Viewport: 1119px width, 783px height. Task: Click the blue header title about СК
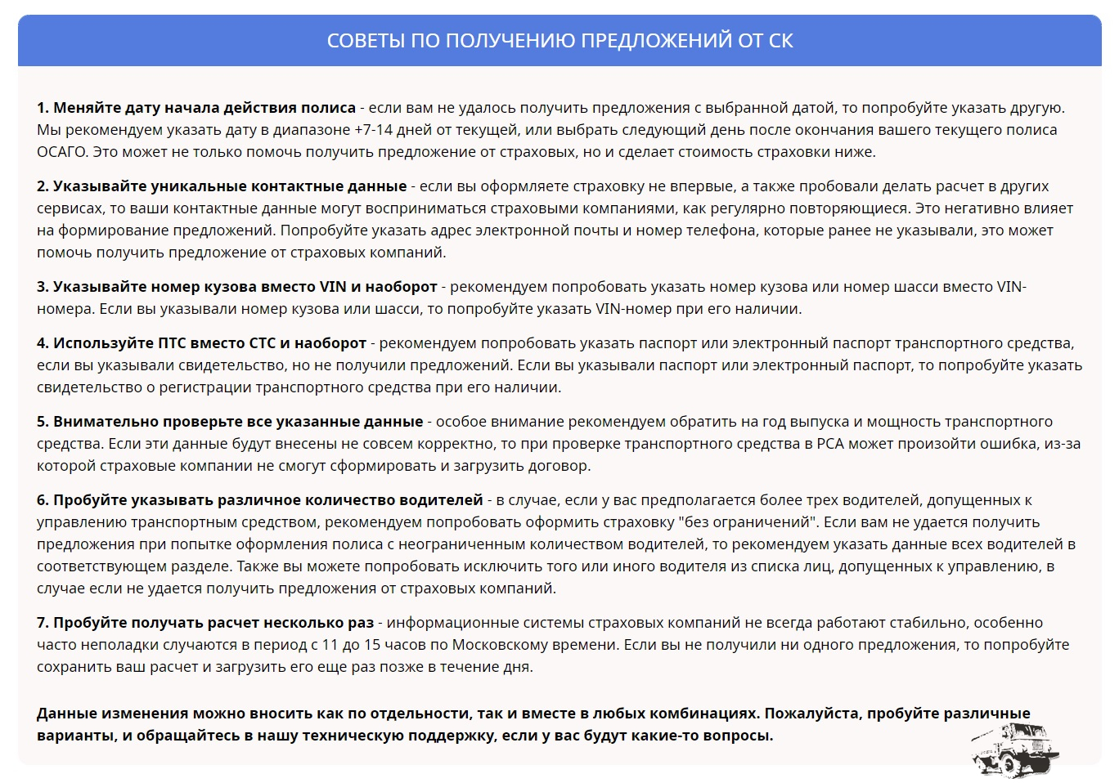559,41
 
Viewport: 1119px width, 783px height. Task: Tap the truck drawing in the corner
1014,748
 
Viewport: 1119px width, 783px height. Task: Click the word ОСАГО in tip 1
61,152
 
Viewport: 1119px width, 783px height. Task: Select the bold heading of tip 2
222,186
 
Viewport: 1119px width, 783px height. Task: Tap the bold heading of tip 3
236,287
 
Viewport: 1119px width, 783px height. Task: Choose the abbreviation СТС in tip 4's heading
259,343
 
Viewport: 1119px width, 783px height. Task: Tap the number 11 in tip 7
330,645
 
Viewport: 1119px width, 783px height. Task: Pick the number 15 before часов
372,645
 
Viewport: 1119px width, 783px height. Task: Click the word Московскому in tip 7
504,645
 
